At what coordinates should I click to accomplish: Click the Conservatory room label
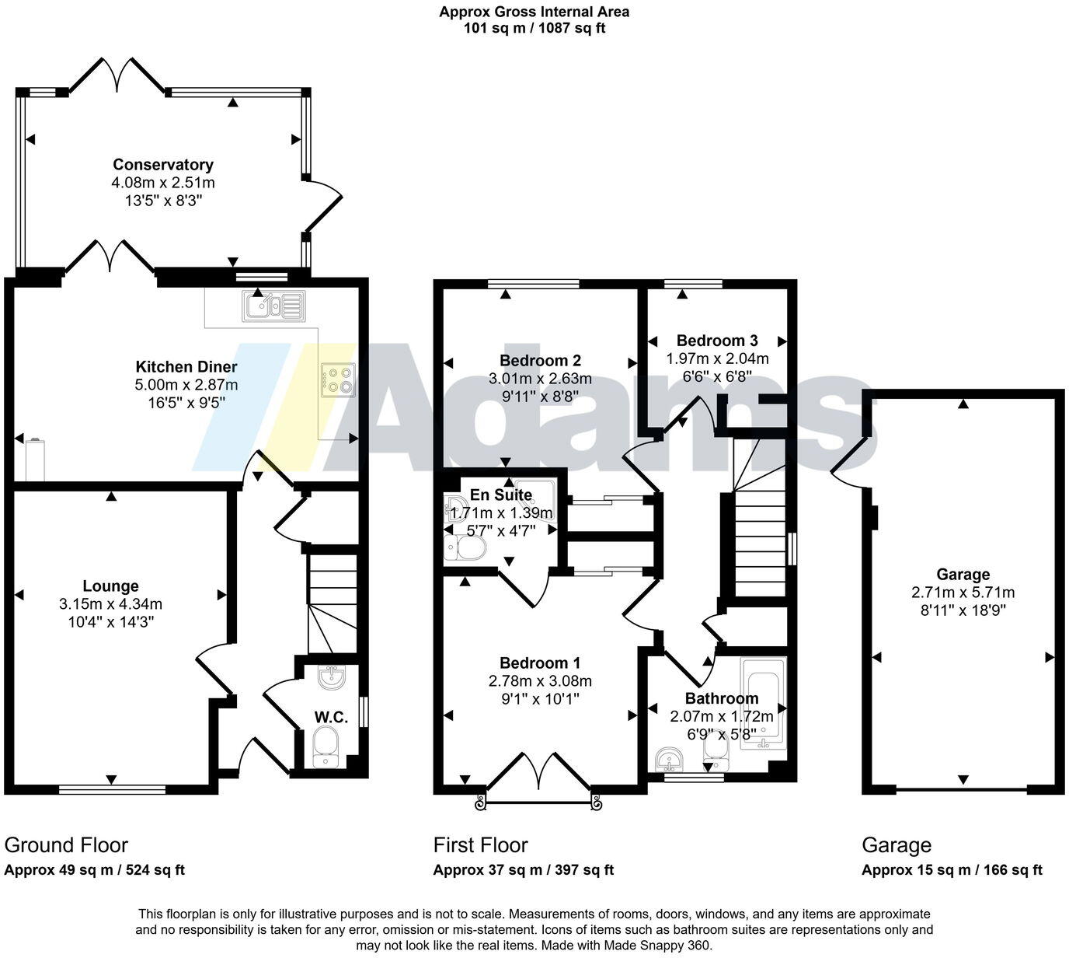tap(163, 165)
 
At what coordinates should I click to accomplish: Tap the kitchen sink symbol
tap(273, 306)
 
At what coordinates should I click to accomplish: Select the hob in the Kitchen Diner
tap(338, 380)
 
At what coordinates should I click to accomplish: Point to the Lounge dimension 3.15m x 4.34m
tap(111, 603)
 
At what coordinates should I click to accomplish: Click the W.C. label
tap(331, 717)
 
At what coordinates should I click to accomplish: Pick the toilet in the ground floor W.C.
tap(325, 746)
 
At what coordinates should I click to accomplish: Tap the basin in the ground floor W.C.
tap(332, 677)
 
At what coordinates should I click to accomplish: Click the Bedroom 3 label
tap(717, 341)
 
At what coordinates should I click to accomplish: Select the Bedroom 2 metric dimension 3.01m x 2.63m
tap(540, 379)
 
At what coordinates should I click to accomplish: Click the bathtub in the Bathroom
tap(764, 703)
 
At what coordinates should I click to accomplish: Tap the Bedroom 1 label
tap(540, 663)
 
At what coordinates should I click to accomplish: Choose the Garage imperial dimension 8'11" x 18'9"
tap(963, 610)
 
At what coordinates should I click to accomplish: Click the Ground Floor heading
tap(66, 845)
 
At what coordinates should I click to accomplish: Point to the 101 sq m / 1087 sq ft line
tap(534, 28)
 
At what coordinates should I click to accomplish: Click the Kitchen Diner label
tap(186, 366)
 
